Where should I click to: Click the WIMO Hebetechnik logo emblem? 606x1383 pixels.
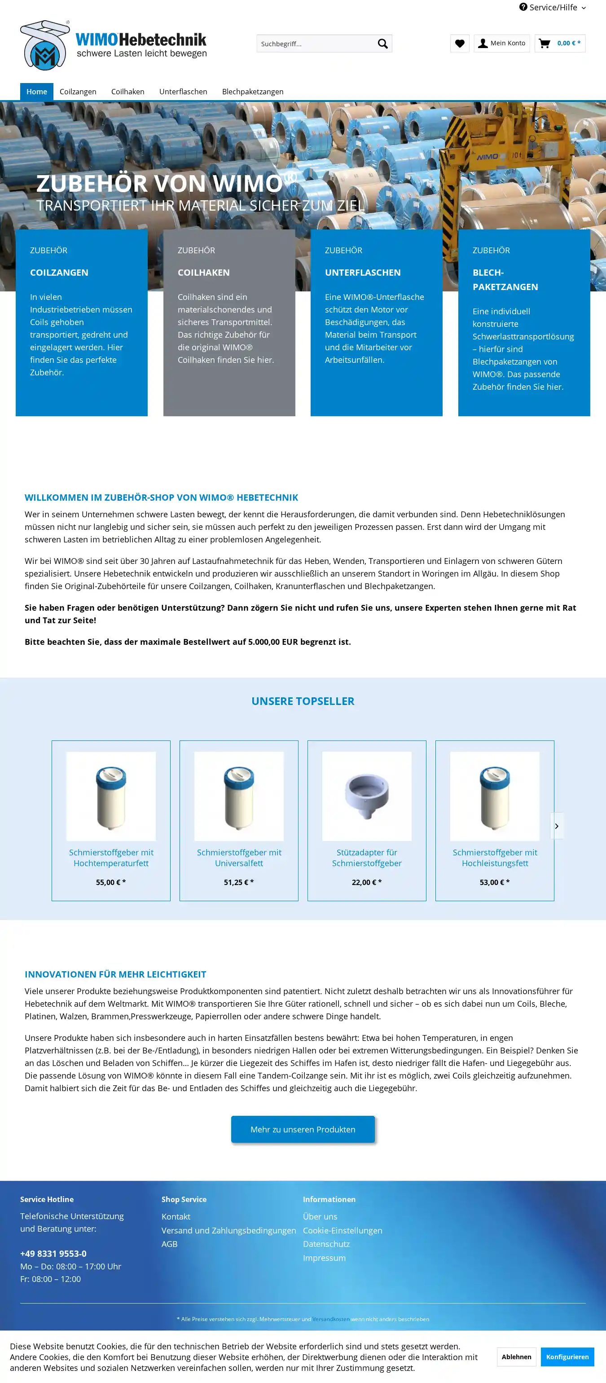[x=45, y=46]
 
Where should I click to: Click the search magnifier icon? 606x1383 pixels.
[x=383, y=44]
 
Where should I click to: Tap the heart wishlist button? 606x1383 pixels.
[x=460, y=44]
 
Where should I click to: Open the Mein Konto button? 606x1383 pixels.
[x=501, y=44]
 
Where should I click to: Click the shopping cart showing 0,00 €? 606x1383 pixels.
[x=560, y=44]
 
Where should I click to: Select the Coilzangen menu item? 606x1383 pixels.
[x=78, y=92]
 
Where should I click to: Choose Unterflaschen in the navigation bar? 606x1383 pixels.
[x=183, y=92]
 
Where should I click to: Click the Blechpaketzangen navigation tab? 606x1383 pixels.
[x=252, y=92]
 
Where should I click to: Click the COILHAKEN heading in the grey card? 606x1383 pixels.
[x=203, y=273]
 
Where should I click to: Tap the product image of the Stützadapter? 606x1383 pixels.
[x=367, y=796]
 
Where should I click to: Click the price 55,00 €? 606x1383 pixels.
[x=110, y=882]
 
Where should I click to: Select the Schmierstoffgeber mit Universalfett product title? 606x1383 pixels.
[x=239, y=857]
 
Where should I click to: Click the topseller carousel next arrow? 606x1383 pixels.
[x=557, y=826]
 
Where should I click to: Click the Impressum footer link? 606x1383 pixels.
[x=324, y=1258]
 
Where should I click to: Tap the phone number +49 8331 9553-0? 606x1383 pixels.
[x=53, y=1254]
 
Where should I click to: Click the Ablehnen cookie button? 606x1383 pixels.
[x=516, y=1357]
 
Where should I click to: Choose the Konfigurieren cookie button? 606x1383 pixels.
[x=567, y=1357]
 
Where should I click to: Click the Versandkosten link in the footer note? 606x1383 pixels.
[x=331, y=1319]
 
